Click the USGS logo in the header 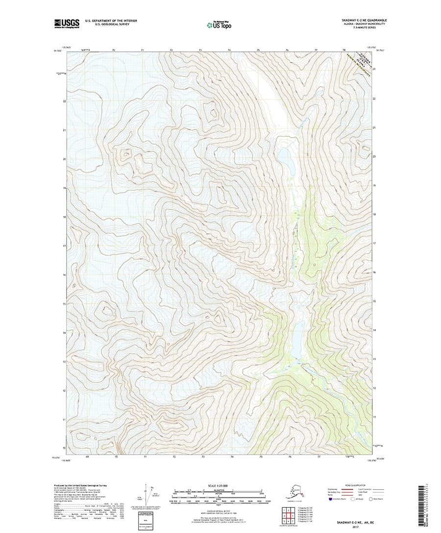pyautogui.click(x=66, y=23)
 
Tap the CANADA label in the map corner pyautogui.click(x=362, y=59)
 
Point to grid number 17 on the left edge pyautogui.click(x=64, y=246)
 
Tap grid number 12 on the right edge pyautogui.click(x=374, y=388)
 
